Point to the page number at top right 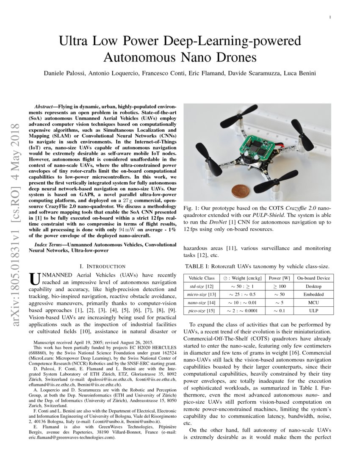coord(330,17)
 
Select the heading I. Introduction coord(102,266)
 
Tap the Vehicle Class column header coord(201,278)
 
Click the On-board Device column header coord(313,278)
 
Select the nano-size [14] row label coord(201,303)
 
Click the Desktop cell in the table coord(313,286)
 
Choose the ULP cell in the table coord(313,311)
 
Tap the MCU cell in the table coord(313,303)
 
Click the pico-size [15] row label coord(201,311)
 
